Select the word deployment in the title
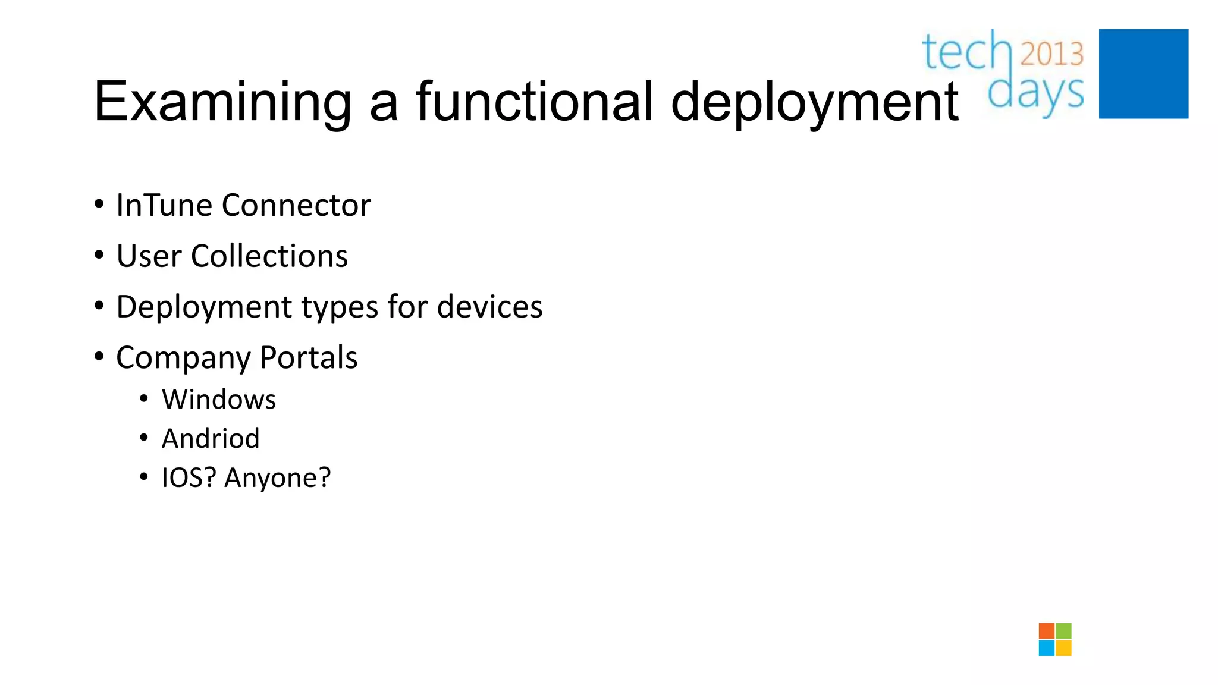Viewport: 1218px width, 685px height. pos(814,102)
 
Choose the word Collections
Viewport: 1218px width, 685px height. pos(269,256)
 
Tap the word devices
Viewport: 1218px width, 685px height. pos(489,307)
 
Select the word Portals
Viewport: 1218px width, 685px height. pos(309,358)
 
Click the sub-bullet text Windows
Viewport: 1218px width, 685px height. pos(219,400)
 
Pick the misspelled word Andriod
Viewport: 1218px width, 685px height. pos(211,439)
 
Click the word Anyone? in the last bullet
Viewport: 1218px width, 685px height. pos(277,478)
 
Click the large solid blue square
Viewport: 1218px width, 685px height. pos(1143,74)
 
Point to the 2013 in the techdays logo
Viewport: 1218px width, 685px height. pos(1051,54)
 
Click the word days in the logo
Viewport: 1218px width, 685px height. pos(1035,94)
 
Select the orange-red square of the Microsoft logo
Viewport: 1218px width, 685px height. pos(1046,631)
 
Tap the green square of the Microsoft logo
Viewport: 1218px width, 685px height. pos(1064,631)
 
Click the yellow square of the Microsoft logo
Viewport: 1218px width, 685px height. pos(1064,648)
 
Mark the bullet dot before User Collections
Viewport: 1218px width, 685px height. pos(99,256)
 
